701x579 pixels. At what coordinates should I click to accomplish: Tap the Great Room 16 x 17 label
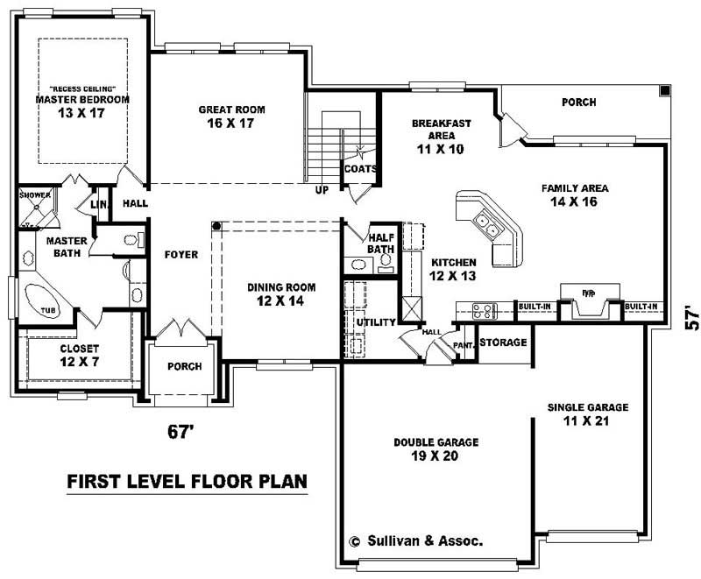[x=231, y=117]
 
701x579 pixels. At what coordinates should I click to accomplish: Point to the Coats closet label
[x=360, y=169]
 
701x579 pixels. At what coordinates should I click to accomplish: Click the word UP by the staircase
[x=322, y=189]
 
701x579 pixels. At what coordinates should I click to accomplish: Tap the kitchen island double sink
[x=487, y=227]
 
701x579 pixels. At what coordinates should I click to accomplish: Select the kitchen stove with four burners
[x=484, y=309]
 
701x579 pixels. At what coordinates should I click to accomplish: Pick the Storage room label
[x=503, y=342]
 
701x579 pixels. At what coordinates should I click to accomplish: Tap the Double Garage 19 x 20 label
[x=435, y=448]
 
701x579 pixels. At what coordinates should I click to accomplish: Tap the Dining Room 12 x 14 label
[x=280, y=293]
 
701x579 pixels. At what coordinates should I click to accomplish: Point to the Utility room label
[x=376, y=323]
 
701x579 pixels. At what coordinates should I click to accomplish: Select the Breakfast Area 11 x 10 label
[x=441, y=136]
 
